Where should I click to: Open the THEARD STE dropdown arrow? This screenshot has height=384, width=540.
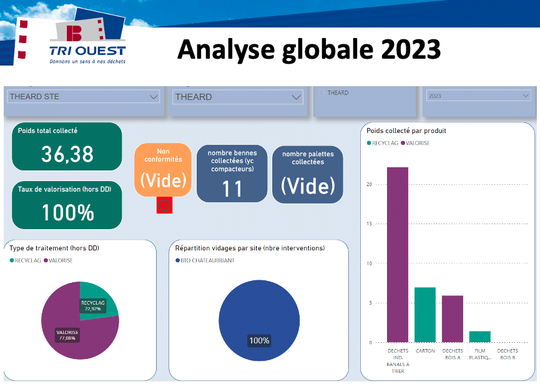(154, 97)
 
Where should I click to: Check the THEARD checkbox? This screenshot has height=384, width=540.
(322, 92)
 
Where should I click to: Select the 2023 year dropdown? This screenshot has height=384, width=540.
(478, 96)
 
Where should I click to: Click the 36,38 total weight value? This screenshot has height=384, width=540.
(67, 154)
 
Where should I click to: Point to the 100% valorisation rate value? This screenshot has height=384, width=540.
(68, 212)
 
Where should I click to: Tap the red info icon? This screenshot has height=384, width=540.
(164, 205)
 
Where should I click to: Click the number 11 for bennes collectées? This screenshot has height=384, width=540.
(232, 189)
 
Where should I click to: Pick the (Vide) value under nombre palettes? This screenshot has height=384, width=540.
(308, 186)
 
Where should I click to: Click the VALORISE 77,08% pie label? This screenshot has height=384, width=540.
(67, 335)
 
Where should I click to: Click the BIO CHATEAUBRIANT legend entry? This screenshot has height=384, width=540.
(205, 260)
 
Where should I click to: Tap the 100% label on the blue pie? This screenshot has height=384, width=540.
(259, 341)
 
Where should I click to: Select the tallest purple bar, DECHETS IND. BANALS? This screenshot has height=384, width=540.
(398, 255)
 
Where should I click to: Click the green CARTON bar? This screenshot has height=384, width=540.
(425, 315)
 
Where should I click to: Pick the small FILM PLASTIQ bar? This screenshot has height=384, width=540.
(479, 337)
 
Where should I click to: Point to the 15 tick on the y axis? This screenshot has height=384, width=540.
(369, 224)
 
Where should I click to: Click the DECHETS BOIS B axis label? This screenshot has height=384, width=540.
(508, 354)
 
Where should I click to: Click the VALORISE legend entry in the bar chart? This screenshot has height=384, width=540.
(415, 143)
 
